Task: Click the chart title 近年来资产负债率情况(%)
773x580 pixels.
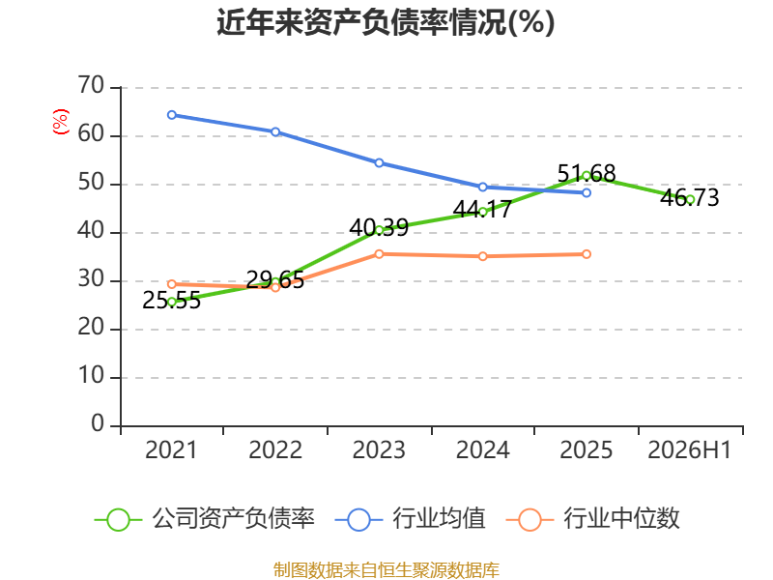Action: pos(386,22)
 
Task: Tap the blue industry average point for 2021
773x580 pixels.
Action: pos(172,115)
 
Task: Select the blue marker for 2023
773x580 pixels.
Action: pos(379,162)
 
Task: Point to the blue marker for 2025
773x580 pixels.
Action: pos(587,192)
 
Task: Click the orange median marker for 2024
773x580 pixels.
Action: pos(482,256)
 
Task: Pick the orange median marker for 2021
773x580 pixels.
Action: pos(172,284)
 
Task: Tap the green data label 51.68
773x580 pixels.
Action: pos(587,174)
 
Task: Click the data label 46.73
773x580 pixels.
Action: pos(690,198)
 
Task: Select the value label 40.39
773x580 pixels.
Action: pos(379,228)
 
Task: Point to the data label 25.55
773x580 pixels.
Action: pos(172,301)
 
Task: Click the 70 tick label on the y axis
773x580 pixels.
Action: pos(91,85)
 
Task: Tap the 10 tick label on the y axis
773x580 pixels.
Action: pos(91,376)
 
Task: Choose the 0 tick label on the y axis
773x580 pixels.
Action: pos(98,423)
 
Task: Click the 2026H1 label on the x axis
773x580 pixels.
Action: pos(690,449)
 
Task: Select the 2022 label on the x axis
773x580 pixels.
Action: pos(275,449)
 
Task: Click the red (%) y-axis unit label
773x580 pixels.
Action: pos(61,122)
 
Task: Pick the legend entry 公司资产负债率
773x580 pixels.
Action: pos(205,519)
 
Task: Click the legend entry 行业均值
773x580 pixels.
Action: pos(410,519)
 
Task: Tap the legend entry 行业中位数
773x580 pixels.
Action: pos(593,519)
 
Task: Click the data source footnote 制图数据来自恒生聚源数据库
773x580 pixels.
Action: pos(386,570)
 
